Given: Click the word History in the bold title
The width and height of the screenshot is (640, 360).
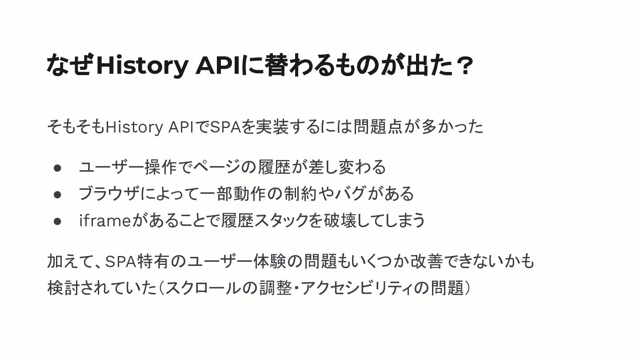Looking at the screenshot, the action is click(142, 65).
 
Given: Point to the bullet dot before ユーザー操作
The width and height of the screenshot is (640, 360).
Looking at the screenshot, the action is click(57, 168).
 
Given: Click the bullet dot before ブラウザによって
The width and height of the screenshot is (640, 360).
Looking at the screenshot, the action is click(57, 194).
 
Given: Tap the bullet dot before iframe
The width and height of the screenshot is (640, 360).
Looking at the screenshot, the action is click(57, 221).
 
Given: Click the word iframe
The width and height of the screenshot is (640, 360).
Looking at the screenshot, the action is click(104, 220).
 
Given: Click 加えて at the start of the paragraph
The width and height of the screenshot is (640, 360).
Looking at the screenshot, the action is click(71, 262).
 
